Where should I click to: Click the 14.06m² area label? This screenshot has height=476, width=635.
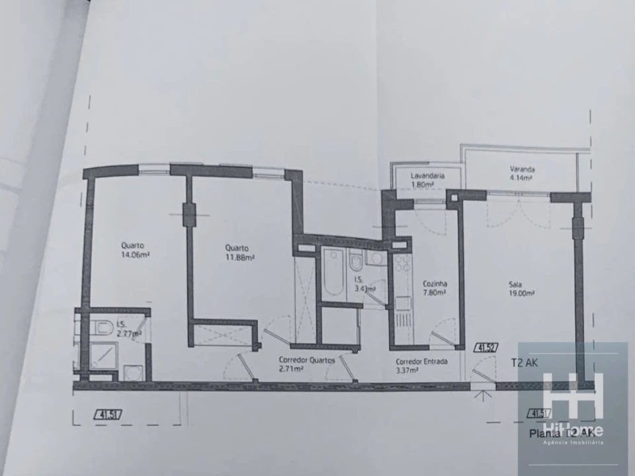[133, 253]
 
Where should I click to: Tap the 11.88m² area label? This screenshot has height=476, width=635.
[239, 258]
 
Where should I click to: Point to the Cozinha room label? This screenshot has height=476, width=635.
[434, 283]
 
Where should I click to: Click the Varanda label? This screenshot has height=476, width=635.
[522, 169]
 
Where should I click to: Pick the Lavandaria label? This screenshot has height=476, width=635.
[427, 176]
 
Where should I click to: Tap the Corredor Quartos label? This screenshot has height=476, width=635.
[306, 361]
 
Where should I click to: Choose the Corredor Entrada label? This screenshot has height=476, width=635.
[421, 362]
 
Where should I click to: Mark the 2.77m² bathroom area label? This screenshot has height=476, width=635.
[129, 335]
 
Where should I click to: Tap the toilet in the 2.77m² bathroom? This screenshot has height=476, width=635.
[101, 327]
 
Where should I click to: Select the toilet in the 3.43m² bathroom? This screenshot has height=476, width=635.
[356, 263]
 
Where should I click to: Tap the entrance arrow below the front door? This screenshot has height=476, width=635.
[483, 397]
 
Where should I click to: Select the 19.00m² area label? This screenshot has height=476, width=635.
[522, 294]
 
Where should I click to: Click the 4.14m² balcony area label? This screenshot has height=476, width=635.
[522, 178]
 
